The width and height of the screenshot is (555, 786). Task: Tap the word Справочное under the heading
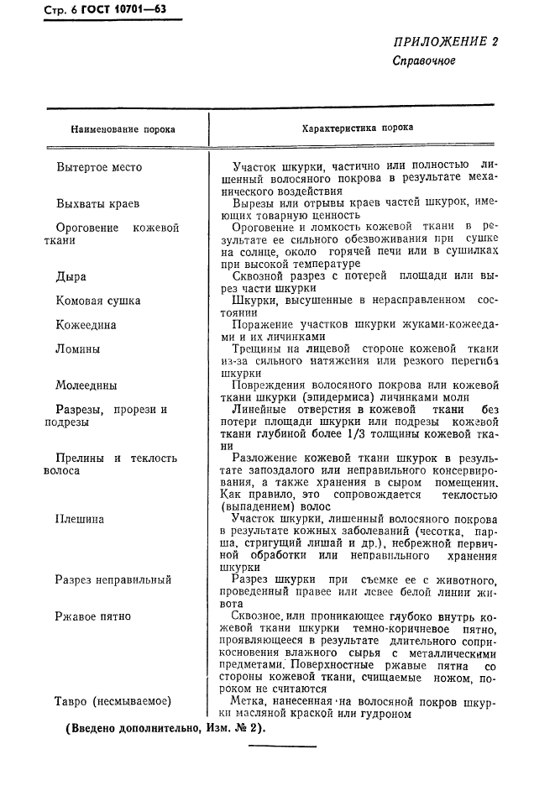tap(423, 61)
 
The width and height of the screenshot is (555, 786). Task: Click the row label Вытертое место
tap(99, 167)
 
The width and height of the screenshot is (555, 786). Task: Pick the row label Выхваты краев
tap(97, 203)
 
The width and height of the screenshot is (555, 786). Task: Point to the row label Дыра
tap(71, 275)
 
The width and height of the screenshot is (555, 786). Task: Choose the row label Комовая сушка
tap(98, 300)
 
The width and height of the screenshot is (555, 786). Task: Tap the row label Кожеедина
tap(86, 324)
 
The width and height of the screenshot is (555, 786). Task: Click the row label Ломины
tap(78, 348)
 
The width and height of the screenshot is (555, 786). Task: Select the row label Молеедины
tap(86, 385)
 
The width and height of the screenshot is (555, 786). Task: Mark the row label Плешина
tap(80, 519)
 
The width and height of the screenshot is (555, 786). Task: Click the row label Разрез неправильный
tap(113, 579)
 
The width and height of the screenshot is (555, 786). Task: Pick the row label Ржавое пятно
tap(93, 616)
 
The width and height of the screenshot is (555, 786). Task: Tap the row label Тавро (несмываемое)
tap(113, 701)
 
